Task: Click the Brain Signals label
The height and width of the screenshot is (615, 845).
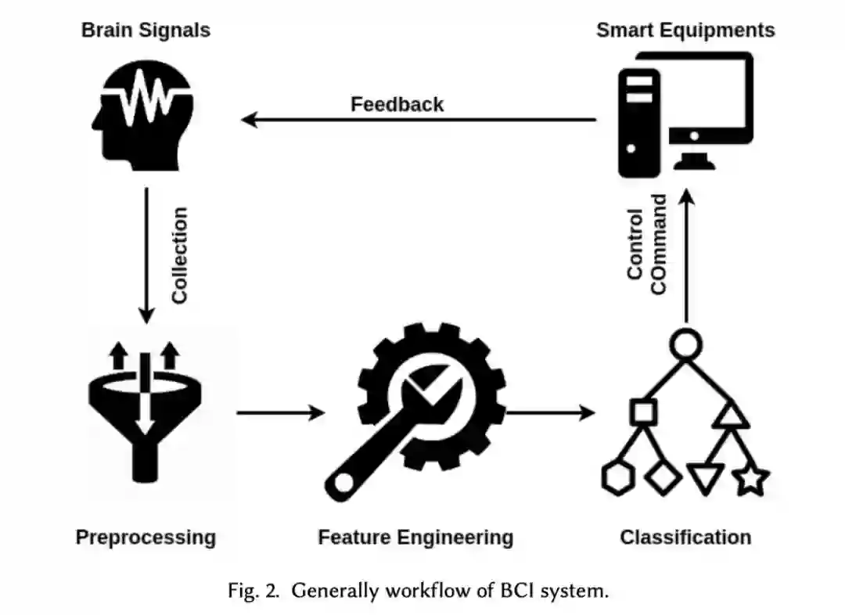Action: coord(146,31)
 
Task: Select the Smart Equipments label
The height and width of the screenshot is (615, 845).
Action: coord(685,31)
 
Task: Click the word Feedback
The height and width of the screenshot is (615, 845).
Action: coord(397,104)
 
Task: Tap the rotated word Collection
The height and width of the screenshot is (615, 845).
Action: coord(180,255)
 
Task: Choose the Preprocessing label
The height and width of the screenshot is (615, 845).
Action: coord(146,538)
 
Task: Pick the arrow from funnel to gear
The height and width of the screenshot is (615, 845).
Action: coord(280,412)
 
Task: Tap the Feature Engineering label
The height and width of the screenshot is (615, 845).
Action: coord(415,538)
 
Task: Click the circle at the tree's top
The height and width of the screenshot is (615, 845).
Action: coord(686,343)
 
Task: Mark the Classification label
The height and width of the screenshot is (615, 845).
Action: coord(685,538)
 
